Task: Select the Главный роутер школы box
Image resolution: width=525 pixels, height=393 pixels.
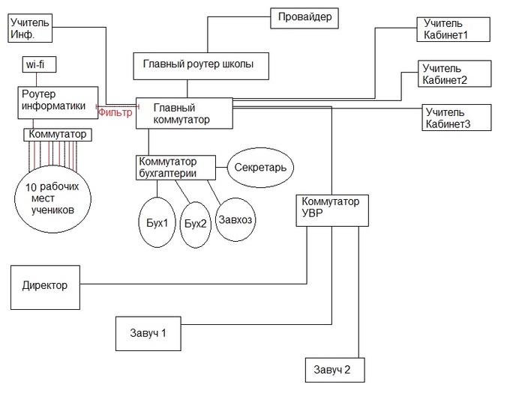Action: click(x=198, y=65)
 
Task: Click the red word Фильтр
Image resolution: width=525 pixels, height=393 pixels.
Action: click(x=115, y=113)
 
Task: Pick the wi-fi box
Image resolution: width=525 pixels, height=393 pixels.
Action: click(x=39, y=66)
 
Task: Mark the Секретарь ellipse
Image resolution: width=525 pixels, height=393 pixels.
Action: click(x=260, y=168)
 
